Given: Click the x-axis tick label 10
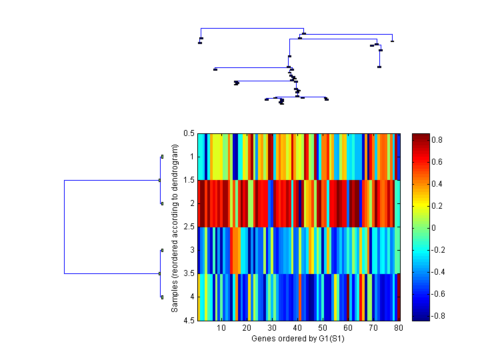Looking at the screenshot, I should click(221, 329).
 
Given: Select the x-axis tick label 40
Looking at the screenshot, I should click(297, 329).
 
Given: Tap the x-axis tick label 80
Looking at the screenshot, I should click(398, 329).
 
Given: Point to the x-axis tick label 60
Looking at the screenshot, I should click(347, 329).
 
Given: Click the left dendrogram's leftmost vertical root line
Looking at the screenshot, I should click(64, 227).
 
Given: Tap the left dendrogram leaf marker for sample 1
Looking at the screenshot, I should click(162, 157).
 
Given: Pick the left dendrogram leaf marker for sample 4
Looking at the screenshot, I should click(162, 297).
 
